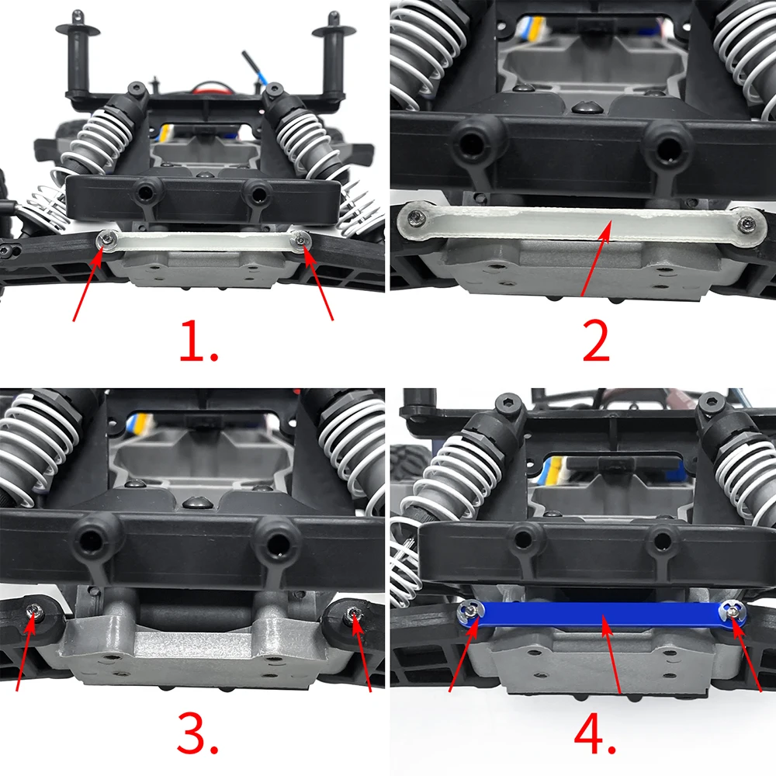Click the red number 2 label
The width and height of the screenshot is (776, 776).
596,342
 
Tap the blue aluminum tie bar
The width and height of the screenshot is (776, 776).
605,617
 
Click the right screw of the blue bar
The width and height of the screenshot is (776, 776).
730,611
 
